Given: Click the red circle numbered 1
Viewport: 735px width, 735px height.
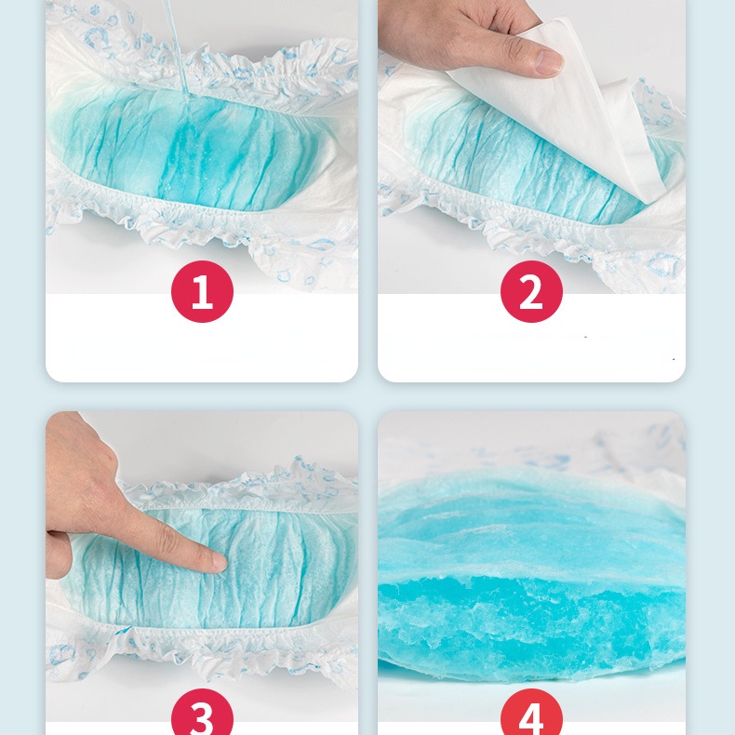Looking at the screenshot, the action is coord(202,291).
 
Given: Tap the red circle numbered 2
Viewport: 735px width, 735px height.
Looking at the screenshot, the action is coord(531,291).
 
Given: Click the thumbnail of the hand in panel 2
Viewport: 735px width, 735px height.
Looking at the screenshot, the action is coord(548,62).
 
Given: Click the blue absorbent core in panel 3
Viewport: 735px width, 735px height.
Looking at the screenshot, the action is coord(211,572).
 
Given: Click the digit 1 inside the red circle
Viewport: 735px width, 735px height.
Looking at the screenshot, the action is coord(202,291).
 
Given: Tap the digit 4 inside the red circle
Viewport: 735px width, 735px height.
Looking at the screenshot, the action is coord(531,718).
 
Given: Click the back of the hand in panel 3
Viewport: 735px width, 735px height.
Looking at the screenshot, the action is coord(80,474).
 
